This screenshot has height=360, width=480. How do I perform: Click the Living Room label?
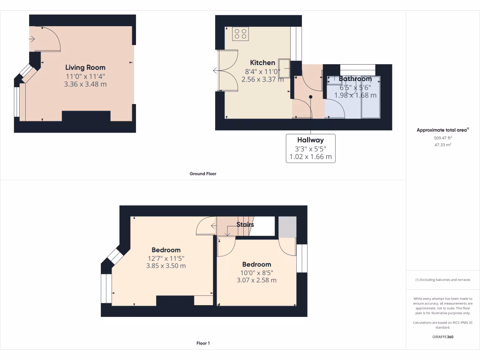click(x=85, y=67)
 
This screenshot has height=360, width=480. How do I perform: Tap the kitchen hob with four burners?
click(x=240, y=34)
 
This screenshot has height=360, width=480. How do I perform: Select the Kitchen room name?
click(x=262, y=63)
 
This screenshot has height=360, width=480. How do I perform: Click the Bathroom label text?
click(x=355, y=79)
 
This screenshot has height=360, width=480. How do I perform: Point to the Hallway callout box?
click(x=310, y=148)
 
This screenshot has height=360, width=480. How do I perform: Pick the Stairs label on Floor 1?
click(x=245, y=225)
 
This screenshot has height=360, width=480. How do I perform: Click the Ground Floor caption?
click(x=203, y=173)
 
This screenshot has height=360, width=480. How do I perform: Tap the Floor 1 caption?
click(x=203, y=343)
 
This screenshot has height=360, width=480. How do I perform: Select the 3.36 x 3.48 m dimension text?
click(x=85, y=84)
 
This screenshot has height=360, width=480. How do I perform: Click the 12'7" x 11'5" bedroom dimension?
click(x=166, y=258)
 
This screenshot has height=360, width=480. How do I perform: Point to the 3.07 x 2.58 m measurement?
click(x=256, y=280)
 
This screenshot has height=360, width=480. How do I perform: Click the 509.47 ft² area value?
click(x=443, y=138)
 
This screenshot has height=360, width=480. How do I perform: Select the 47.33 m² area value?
click(x=443, y=145)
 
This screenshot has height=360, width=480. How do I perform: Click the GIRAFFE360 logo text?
click(x=443, y=337)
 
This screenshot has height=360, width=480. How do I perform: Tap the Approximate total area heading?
click(x=442, y=130)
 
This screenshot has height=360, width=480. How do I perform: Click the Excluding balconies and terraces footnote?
click(x=443, y=280)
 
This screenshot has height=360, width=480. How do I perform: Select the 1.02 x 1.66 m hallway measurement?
click(x=310, y=157)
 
